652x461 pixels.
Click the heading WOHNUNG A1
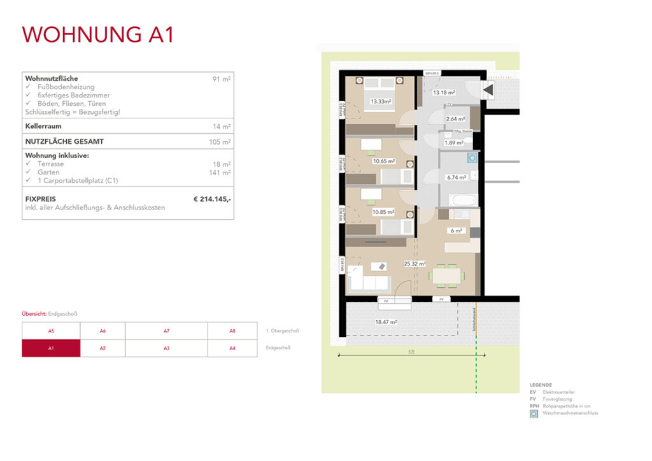coord(98,34)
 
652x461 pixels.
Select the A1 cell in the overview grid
coord(51,348)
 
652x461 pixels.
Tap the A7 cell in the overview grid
coord(166,331)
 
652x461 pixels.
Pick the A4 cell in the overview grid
coord(232,348)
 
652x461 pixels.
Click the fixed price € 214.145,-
coord(212,199)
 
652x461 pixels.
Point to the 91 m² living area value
coord(222,79)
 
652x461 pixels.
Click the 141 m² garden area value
coord(220,173)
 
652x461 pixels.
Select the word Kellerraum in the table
coord(43,127)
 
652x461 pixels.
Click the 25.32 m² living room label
coord(415,263)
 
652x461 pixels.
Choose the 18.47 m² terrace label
coord(386,322)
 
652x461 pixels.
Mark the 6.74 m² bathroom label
coord(457,178)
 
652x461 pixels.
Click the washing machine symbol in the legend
coord(534,413)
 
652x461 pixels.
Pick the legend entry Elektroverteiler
coord(558,392)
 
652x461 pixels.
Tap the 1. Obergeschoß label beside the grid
coord(282,331)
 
